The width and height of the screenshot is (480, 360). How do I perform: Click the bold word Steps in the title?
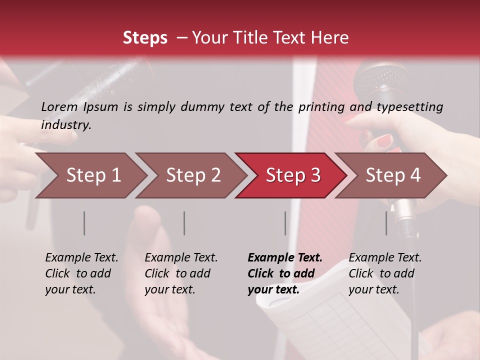point(145,38)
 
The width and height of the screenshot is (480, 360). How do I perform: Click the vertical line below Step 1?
point(84,223)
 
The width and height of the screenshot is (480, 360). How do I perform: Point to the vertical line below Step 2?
point(184,223)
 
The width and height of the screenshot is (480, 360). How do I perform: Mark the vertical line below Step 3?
point(285,223)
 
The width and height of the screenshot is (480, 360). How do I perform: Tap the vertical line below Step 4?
point(386,223)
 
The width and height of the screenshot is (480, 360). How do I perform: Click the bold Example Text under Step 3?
point(285,273)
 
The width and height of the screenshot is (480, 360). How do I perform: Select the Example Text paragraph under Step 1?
point(81,273)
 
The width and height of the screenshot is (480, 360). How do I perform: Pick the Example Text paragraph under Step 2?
point(181,273)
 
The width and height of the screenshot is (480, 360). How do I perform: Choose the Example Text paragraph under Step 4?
point(385,273)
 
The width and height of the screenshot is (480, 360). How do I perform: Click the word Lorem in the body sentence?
point(59,106)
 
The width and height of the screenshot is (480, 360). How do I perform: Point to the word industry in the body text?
point(66,125)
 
